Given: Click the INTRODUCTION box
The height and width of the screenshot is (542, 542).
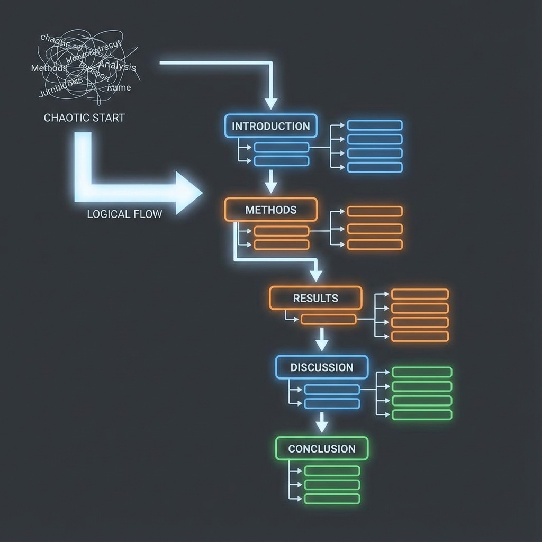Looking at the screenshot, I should [x=271, y=126].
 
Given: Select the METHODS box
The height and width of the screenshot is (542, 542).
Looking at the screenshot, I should [x=271, y=210].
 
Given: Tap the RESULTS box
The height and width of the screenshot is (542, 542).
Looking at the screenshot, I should [x=315, y=298].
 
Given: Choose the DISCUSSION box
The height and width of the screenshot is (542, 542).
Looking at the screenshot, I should [x=322, y=367].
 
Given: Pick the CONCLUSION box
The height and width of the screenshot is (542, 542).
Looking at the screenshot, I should [x=322, y=448].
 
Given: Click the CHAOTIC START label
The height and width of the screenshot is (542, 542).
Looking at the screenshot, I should [x=84, y=118].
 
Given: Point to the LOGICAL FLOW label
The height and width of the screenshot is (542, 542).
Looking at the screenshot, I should [x=124, y=214].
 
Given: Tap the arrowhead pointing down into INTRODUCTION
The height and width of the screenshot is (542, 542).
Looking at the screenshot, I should [x=271, y=103].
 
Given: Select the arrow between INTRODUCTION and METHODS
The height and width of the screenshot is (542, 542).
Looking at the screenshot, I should [x=271, y=183].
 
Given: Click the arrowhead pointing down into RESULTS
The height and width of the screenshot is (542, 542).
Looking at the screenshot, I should [x=316, y=275].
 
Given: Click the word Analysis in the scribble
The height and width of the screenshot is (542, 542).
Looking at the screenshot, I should [x=118, y=67].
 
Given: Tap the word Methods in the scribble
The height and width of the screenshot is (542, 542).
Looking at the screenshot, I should [x=49, y=68].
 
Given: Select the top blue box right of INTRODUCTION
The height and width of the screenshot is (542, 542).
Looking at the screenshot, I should [x=375, y=125].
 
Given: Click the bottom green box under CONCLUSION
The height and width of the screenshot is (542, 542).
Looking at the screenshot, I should [x=332, y=499].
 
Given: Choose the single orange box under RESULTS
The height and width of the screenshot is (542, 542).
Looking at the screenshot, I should [x=328, y=319].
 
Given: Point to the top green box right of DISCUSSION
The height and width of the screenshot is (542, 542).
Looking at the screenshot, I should [x=422, y=372].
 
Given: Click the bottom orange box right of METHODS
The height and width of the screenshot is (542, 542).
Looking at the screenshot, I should [x=375, y=245].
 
